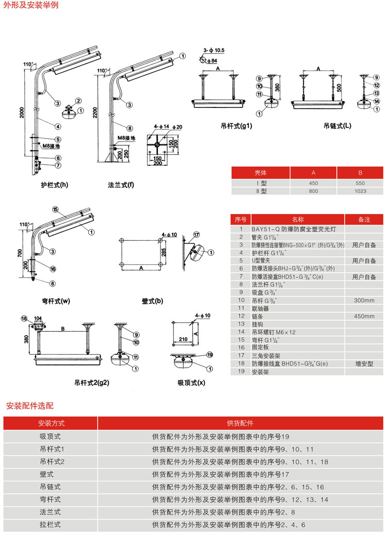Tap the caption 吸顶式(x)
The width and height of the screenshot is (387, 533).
tap(191, 383)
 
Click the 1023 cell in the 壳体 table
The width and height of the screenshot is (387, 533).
tap(361, 191)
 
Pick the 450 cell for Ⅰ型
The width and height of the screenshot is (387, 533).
tap(313, 183)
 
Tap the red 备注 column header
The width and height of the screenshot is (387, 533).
tap(364, 219)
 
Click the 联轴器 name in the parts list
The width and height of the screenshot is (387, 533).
tap(260, 308)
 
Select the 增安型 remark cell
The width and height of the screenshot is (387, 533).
tap(364, 364)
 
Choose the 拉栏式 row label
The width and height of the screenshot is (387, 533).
tap(51, 525)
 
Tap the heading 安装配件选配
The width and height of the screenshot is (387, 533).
tap(30, 406)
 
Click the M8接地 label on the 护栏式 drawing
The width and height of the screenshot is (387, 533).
tap(52, 146)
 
